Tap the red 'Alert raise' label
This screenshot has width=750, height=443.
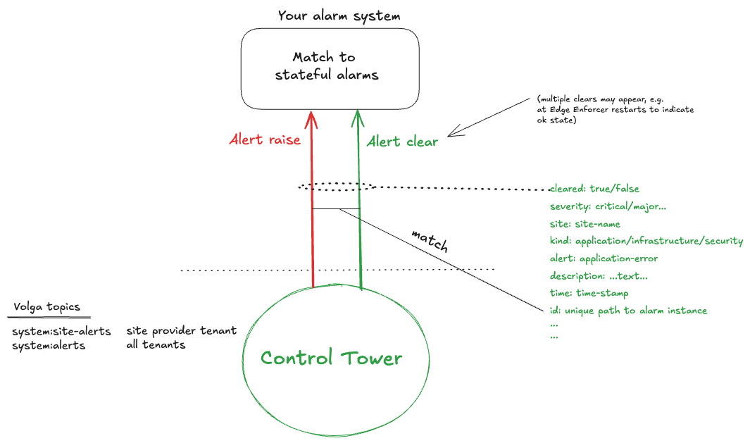265,139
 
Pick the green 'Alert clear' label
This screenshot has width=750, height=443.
403,142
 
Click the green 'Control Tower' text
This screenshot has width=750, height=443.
331,358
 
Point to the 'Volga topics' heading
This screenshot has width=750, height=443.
46,307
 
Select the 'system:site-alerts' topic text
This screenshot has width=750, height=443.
61,331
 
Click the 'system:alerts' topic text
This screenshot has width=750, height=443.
49,345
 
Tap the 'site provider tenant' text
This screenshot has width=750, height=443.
182,330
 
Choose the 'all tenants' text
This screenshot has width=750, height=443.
156,344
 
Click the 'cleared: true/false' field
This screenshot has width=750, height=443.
594,189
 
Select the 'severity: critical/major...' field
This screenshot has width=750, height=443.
607,206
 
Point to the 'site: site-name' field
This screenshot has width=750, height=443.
585,224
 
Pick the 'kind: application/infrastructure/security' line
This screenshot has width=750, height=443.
646,241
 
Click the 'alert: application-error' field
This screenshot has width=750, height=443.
604,258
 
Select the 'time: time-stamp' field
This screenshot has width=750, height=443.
588,293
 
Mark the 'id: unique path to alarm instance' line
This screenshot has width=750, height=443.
628,311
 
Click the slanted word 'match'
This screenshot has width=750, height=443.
429,241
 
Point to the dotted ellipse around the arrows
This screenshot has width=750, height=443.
336,187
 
